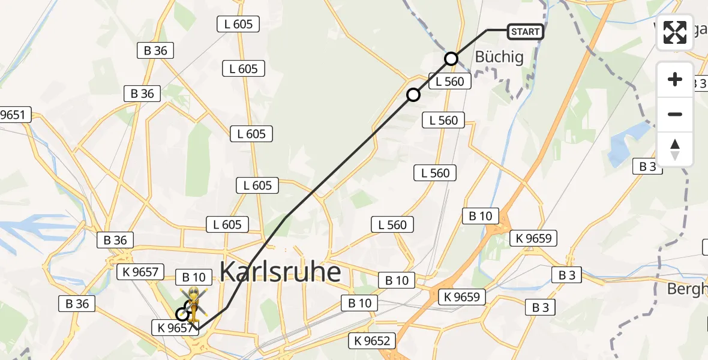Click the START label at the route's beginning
[x=526, y=31]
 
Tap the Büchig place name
[x=499, y=58]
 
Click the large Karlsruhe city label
[x=280, y=272]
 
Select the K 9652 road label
[x=372, y=341]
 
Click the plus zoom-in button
[x=675, y=79]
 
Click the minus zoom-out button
[x=675, y=114]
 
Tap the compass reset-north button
[x=675, y=149]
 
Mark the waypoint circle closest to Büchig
[x=451, y=59]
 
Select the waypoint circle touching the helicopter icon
[x=182, y=314]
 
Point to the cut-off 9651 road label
[x=14, y=115]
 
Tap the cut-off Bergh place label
[x=688, y=289]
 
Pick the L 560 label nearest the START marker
[x=450, y=82]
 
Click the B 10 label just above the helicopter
[x=194, y=277]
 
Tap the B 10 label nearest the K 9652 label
[x=360, y=303]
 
